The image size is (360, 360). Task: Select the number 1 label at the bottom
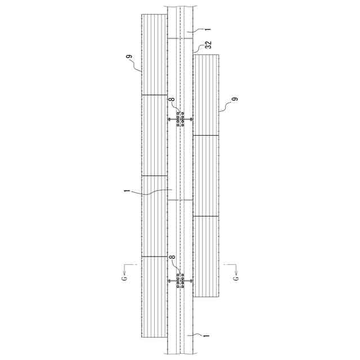[x=206, y=335]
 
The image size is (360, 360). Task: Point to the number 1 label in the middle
[x=127, y=192]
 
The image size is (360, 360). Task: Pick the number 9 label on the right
[x=235, y=100]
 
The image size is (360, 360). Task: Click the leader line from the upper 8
[x=177, y=110]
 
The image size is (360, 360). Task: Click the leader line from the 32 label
[x=198, y=49]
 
